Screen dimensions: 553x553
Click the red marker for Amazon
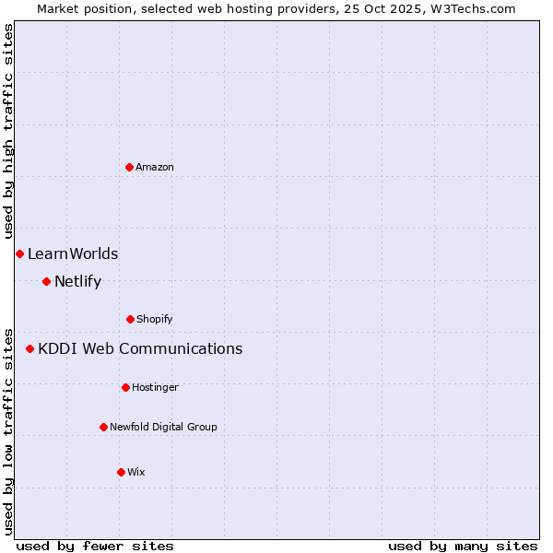click(129, 167)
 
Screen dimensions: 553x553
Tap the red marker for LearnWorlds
click(19, 253)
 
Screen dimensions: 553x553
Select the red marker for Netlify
click(46, 281)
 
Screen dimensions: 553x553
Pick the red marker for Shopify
click(130, 319)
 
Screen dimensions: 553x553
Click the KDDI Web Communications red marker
click(29, 348)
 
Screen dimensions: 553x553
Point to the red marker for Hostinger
click(125, 387)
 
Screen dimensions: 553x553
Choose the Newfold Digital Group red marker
click(103, 427)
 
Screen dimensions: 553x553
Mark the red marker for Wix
click(121, 472)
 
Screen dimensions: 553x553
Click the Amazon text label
click(155, 167)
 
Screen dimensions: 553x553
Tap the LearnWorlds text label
click(73, 253)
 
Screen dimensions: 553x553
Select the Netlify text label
click(77, 281)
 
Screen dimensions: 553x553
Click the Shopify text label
click(155, 319)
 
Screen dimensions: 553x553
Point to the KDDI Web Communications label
click(140, 348)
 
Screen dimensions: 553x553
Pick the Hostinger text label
click(155, 387)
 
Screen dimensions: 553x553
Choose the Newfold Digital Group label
click(163, 427)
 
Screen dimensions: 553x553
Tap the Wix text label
click(136, 472)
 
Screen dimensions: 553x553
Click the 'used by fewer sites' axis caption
click(95, 546)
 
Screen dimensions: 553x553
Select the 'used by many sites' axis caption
click(463, 546)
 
